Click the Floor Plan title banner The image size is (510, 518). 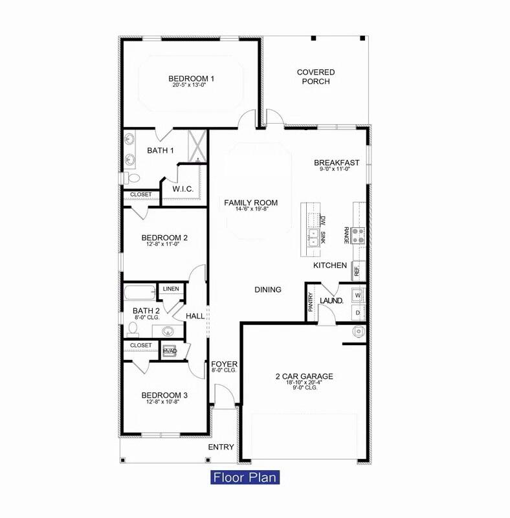[245, 478]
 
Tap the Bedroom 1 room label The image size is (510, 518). [192, 79]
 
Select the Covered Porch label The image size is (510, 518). [316, 77]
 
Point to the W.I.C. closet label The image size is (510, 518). [183, 189]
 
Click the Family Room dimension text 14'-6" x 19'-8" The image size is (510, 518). [241, 209]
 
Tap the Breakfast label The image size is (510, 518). [335, 163]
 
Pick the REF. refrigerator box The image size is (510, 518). [358, 270]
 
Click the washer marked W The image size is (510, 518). [357, 295]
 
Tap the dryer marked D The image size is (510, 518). [357, 313]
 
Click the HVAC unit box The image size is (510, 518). [170, 351]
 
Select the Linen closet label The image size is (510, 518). [171, 289]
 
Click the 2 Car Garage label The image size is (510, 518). [304, 376]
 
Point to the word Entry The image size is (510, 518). [221, 447]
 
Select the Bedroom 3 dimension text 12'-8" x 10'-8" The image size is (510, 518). [166, 401]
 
